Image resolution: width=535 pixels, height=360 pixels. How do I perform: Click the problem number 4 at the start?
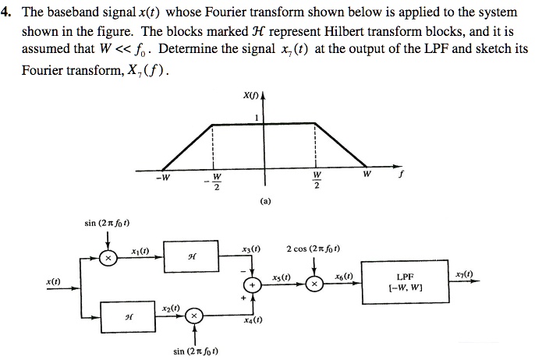pos(6,12)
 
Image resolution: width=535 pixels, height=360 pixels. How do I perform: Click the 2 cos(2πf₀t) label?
pos(318,249)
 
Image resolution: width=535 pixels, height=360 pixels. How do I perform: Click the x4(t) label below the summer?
pos(252,320)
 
